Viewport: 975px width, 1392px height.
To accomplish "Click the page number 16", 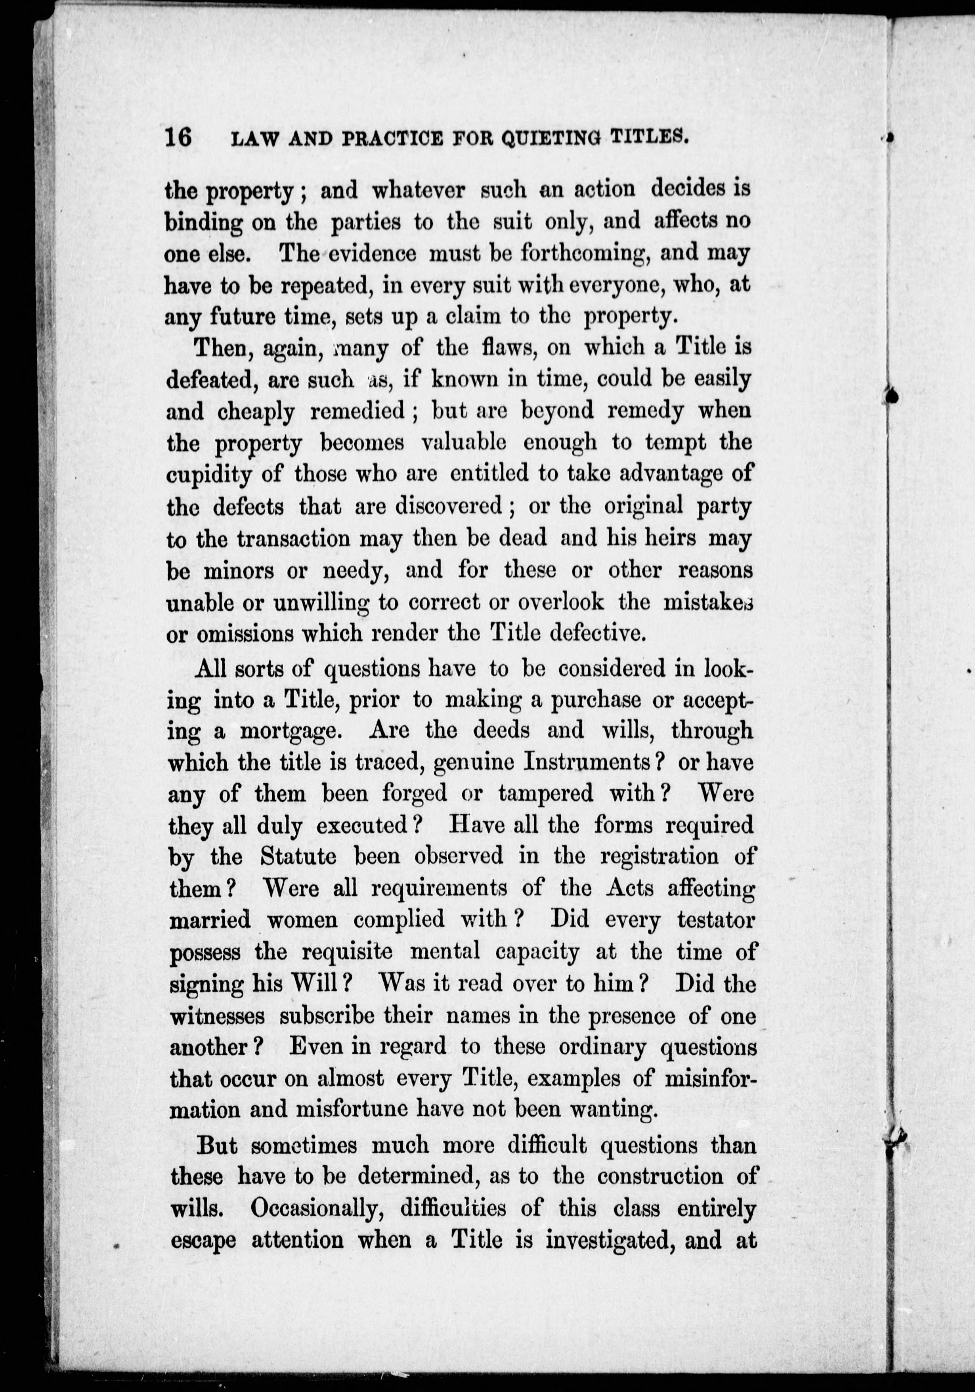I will coord(178,138).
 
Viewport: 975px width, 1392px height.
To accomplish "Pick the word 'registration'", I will coord(660,857).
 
